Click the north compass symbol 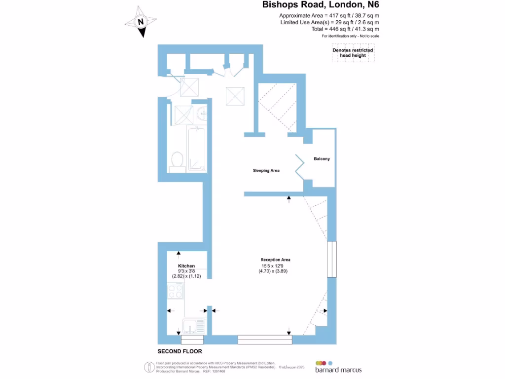click(141, 22)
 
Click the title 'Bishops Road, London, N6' click(321, 5)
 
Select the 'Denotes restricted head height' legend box click(353, 53)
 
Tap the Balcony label click(322, 159)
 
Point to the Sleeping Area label click(266, 170)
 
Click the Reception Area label click(275, 260)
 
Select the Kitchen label click(186, 266)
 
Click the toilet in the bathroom click(178, 160)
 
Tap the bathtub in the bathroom click(196, 148)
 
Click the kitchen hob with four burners click(175, 292)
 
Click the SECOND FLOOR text click(180, 351)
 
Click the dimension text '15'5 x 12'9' click(275, 265)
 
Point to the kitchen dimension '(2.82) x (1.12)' click(186, 276)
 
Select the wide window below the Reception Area click(265, 340)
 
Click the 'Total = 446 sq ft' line click(329, 29)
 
